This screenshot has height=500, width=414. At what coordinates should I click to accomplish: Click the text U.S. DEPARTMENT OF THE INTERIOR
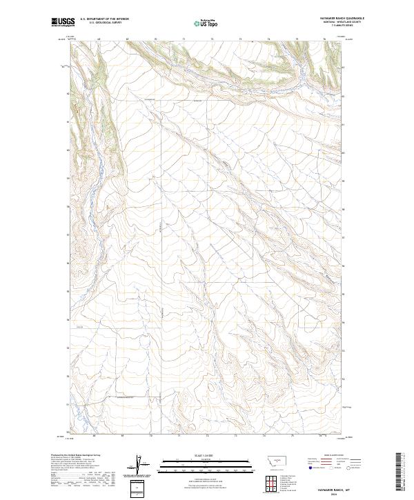point(105,19)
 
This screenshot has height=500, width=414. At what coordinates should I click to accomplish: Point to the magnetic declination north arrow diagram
point(137,465)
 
